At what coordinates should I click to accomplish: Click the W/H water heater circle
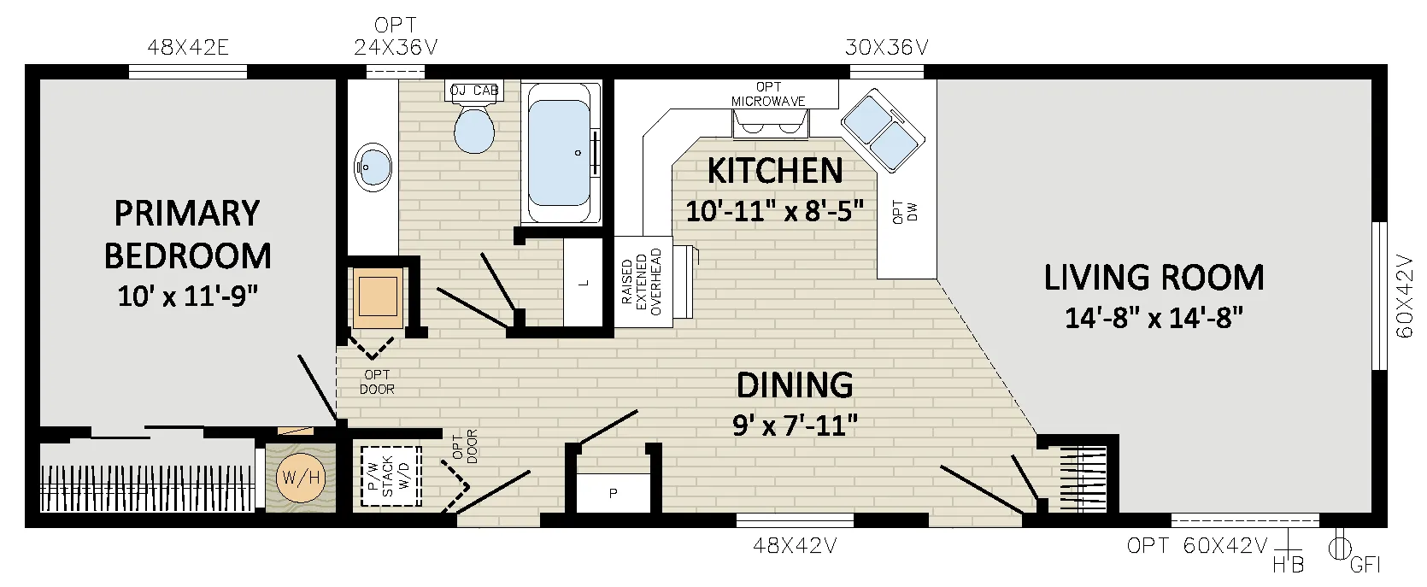pyautogui.click(x=301, y=477)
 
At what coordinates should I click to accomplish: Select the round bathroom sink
pyautogui.click(x=373, y=167)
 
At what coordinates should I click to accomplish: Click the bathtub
pyautogui.click(x=561, y=153)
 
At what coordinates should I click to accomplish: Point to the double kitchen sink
pyautogui.click(x=883, y=132)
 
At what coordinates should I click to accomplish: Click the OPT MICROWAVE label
pyautogui.click(x=768, y=94)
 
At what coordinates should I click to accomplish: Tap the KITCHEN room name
pyautogui.click(x=775, y=171)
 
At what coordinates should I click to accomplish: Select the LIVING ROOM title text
pyautogui.click(x=1154, y=277)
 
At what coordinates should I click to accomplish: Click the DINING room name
pyautogui.click(x=795, y=385)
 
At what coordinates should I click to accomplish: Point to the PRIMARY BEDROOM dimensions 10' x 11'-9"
pyautogui.click(x=188, y=296)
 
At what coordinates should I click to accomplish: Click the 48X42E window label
pyautogui.click(x=188, y=47)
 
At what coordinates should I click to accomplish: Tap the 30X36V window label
pyautogui.click(x=886, y=47)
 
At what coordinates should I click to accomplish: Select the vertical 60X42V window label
pyautogui.click(x=1404, y=296)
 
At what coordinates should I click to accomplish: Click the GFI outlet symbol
pyautogui.click(x=1340, y=547)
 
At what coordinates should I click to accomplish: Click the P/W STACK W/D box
pyautogui.click(x=391, y=476)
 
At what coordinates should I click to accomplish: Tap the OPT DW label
pyautogui.click(x=905, y=212)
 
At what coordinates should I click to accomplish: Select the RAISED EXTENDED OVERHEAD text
pyautogui.click(x=643, y=282)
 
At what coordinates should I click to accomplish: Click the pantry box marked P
pyautogui.click(x=613, y=493)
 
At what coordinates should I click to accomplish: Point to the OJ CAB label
pyautogui.click(x=474, y=91)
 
